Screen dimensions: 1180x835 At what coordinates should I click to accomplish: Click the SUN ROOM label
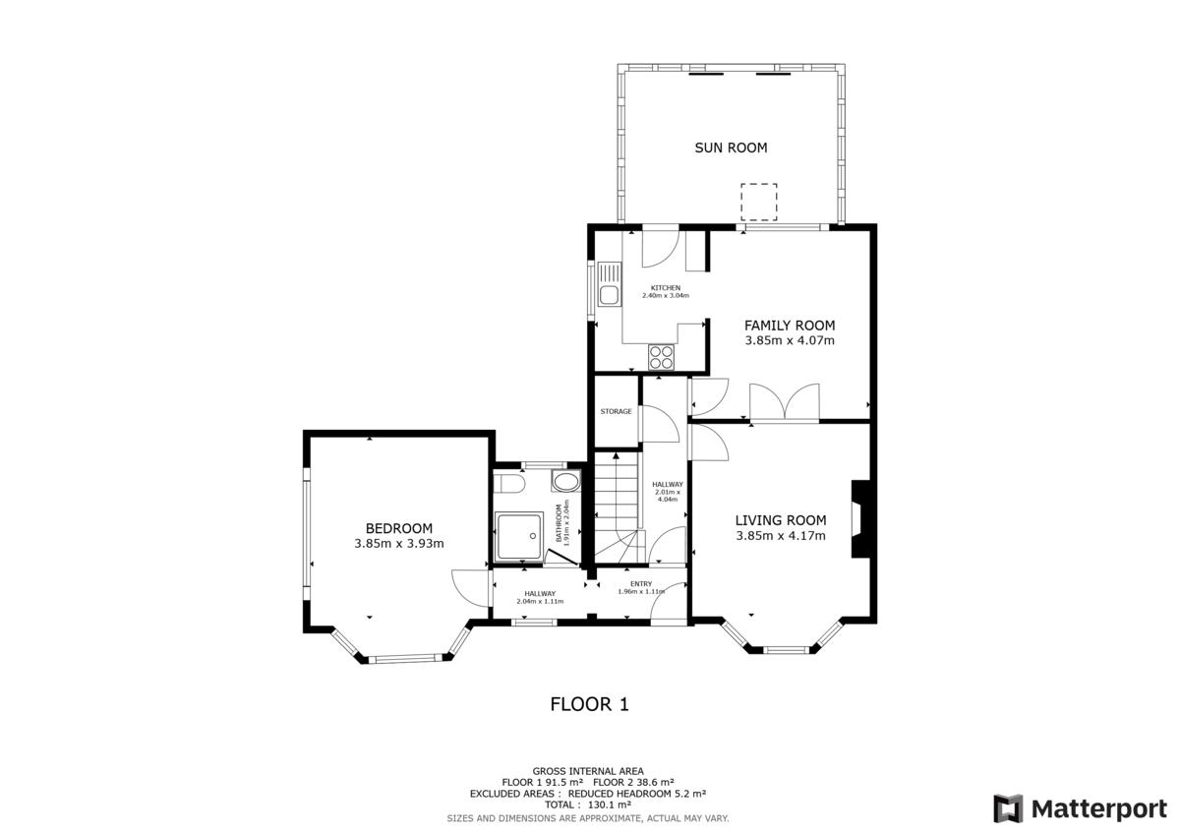[x=731, y=149]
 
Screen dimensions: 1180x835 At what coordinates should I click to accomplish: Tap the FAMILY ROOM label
[x=790, y=326]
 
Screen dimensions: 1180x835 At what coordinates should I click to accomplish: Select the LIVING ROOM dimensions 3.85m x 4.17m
[x=781, y=536]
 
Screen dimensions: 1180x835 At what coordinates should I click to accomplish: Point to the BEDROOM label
[x=399, y=528]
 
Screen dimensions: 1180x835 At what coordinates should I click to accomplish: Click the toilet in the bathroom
[x=508, y=483]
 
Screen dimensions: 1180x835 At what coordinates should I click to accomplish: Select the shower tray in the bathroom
[x=519, y=536]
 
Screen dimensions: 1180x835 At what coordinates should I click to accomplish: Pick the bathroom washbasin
[x=565, y=481]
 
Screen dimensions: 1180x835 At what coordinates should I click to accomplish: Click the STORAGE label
[x=616, y=411]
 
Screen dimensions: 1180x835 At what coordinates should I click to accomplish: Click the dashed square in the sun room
[x=758, y=203]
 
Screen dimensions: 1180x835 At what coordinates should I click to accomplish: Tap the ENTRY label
[x=641, y=583]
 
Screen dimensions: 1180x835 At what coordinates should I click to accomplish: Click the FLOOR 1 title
[x=589, y=704]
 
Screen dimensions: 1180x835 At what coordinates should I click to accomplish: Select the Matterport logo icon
[x=1008, y=808]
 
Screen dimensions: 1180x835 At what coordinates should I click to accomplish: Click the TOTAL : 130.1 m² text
[x=588, y=805]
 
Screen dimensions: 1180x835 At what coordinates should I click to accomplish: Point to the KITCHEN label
[x=666, y=288]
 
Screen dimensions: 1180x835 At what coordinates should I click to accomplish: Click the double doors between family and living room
[x=785, y=402]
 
